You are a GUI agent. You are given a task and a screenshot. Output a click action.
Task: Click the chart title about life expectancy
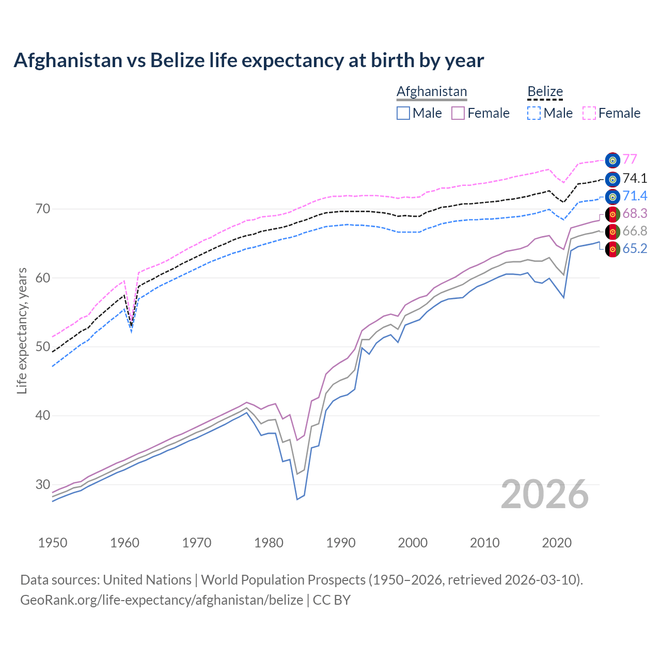(248, 60)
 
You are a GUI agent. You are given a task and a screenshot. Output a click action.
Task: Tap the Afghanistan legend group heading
(432, 92)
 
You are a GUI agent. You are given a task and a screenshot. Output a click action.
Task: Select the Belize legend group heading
(545, 92)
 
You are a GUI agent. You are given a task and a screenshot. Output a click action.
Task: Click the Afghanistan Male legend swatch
(403, 113)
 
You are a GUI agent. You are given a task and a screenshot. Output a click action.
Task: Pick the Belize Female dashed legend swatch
(589, 113)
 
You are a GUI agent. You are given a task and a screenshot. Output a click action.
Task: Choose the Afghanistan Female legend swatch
(458, 113)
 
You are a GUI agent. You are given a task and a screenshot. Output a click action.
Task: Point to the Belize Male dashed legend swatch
(534, 113)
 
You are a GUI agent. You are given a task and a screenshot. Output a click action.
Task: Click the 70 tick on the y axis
(43, 209)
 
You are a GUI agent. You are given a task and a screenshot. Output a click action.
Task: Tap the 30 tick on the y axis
(43, 484)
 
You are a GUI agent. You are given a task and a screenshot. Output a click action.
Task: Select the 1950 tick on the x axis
(53, 543)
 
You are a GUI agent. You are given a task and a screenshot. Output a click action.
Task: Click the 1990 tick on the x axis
(341, 543)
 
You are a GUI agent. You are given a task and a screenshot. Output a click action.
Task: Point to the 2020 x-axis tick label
(557, 543)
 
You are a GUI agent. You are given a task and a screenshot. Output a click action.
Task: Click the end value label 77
(629, 160)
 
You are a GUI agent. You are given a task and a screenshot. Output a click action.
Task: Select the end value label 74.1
(635, 179)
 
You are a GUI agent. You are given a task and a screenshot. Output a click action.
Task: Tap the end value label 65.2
(635, 249)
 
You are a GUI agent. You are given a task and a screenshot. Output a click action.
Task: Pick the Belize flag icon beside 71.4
(612, 197)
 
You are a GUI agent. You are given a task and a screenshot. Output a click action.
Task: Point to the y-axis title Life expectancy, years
(22, 330)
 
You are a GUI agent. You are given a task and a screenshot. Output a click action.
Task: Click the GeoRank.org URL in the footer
(162, 600)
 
